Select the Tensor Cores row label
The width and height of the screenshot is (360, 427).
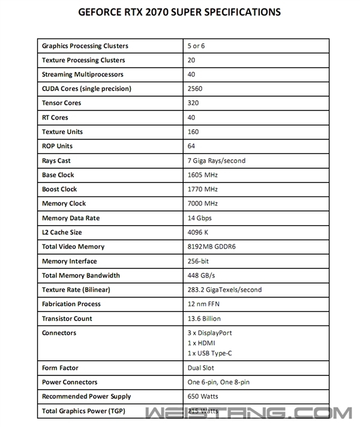pos(61,103)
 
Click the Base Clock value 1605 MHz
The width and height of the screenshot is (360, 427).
pos(203,175)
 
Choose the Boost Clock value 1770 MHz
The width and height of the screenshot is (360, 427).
pos(203,189)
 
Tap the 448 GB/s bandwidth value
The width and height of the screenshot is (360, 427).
pos(202,276)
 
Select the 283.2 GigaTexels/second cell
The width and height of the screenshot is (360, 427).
pos(224,290)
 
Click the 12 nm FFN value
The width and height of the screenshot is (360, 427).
pos(204,304)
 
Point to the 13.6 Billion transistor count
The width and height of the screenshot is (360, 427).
pos(204,319)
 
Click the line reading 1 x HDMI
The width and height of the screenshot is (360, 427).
pos(202,342)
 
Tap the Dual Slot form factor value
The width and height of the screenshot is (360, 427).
pos(201,368)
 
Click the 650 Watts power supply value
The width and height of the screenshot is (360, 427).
pos(202,397)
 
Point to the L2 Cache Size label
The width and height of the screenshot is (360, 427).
pos(62,232)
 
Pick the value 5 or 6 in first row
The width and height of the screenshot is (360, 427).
pos(196,46)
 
